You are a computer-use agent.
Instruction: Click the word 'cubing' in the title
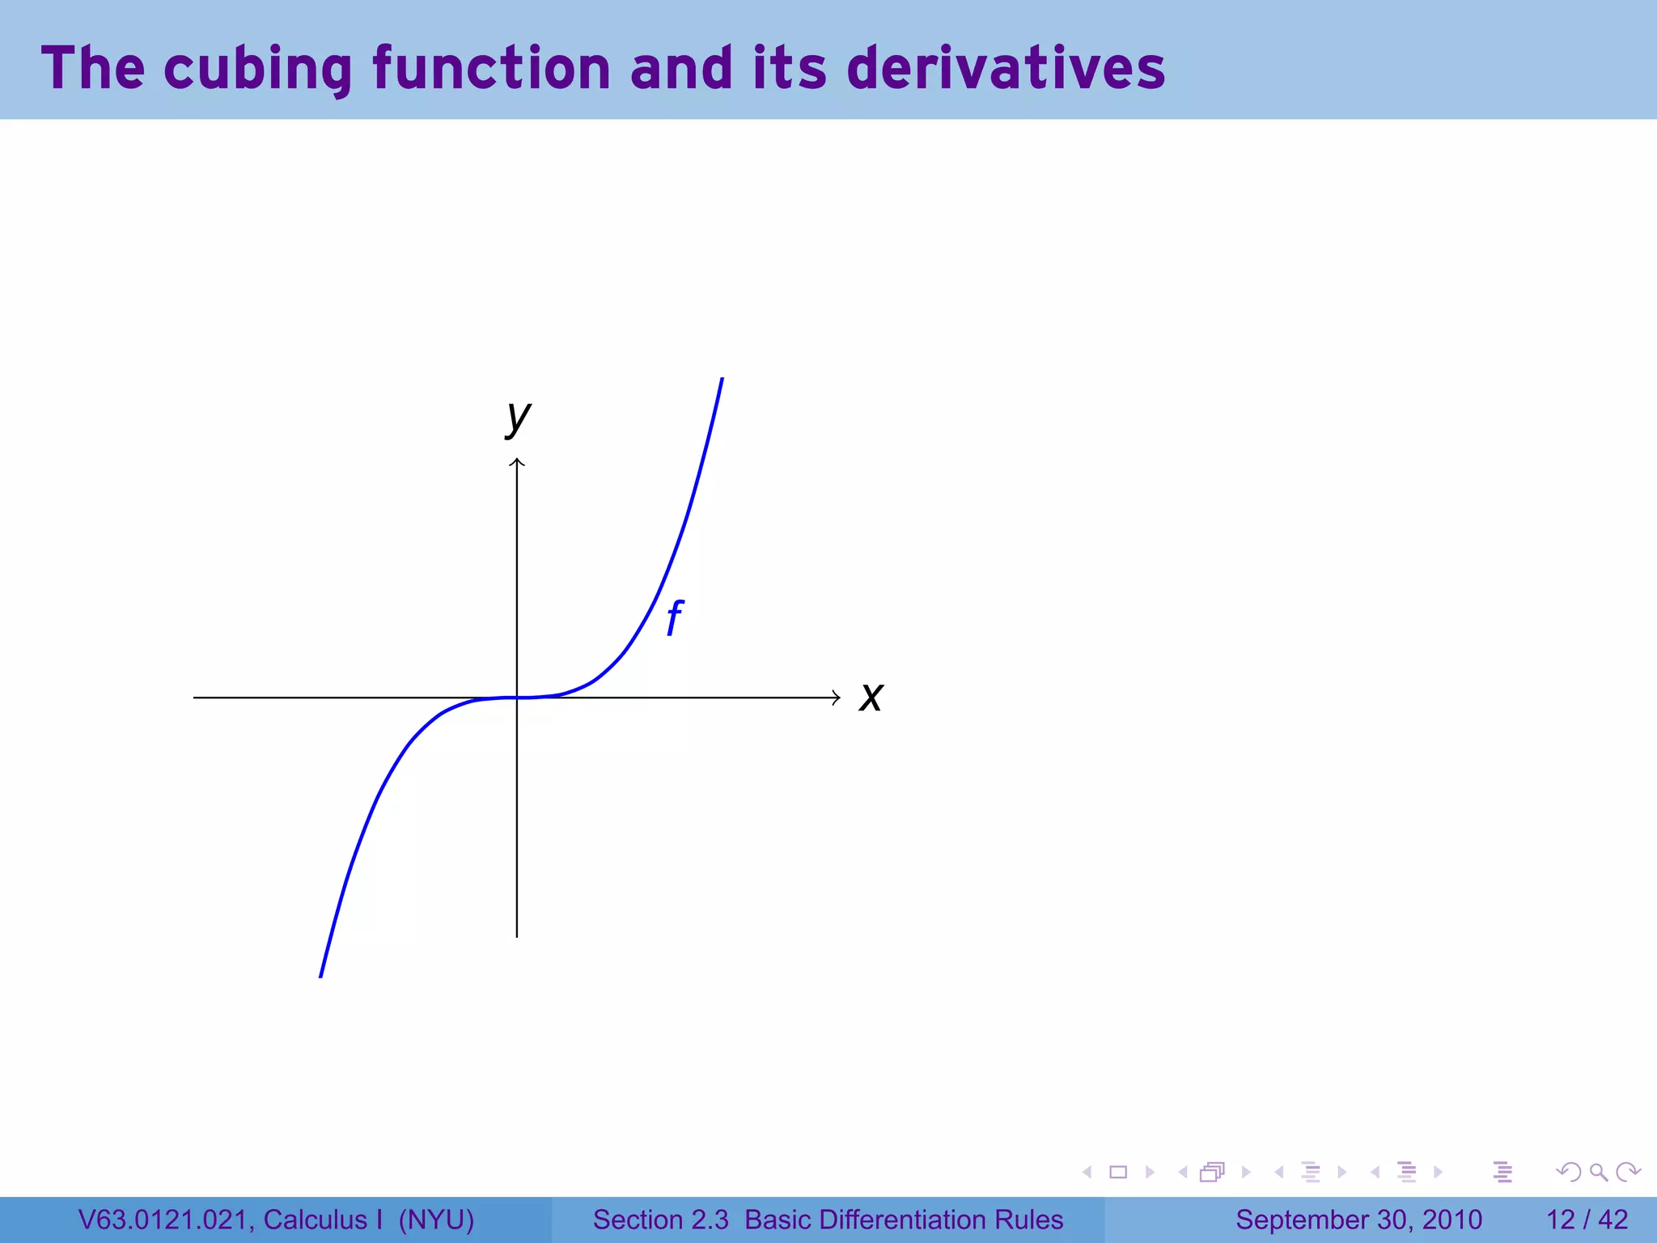258,69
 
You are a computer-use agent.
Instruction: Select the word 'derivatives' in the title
1006,68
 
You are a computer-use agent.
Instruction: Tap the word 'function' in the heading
491,68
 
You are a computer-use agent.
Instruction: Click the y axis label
518,418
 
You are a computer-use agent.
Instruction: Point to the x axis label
871,697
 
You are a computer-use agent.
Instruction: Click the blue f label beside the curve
674,619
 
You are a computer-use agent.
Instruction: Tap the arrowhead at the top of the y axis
517,462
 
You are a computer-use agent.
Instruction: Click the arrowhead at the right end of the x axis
837,698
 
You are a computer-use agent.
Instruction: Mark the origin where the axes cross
517,698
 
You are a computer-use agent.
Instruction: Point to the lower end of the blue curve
321,974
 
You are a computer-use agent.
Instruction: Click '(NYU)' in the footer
436,1220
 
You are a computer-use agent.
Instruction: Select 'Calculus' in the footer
315,1220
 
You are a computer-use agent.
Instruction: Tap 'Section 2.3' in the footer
660,1220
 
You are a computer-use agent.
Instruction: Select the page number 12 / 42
1587,1220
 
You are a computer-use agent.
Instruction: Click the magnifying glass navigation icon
1598,1172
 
